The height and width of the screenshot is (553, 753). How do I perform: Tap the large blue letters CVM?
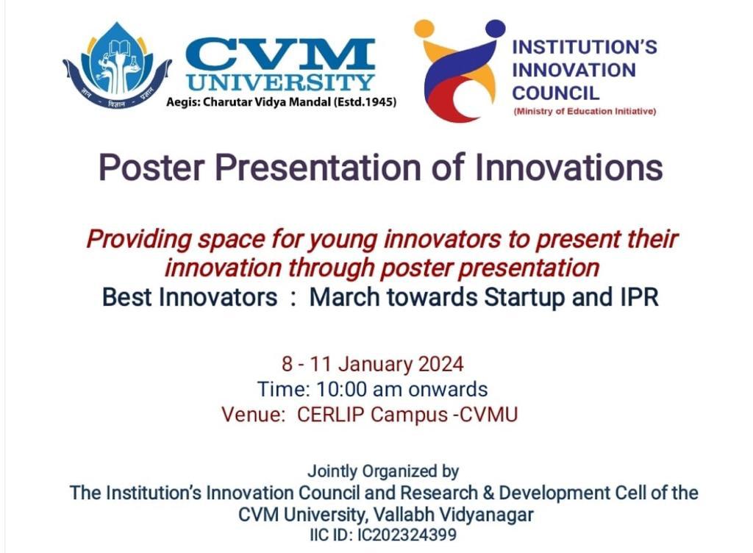pyautogui.click(x=280, y=53)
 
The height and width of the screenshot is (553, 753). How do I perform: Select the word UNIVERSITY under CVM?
pyautogui.click(x=280, y=82)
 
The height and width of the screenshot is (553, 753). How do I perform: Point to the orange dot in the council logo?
pyautogui.click(x=424, y=29)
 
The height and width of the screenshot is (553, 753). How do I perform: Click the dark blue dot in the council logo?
pyautogui.click(x=495, y=28)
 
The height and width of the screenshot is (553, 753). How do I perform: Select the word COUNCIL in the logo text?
pyautogui.click(x=556, y=93)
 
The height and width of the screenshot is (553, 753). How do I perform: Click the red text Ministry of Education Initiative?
pyautogui.click(x=585, y=111)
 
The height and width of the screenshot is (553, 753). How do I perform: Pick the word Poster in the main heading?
pyautogui.click(x=151, y=168)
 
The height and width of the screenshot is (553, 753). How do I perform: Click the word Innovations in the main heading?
pyautogui.click(x=569, y=167)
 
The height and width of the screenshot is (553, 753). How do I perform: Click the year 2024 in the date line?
pyautogui.click(x=441, y=364)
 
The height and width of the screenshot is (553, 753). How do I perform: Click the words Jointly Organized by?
pyautogui.click(x=383, y=471)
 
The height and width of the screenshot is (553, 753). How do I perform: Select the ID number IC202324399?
pyautogui.click(x=407, y=535)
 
